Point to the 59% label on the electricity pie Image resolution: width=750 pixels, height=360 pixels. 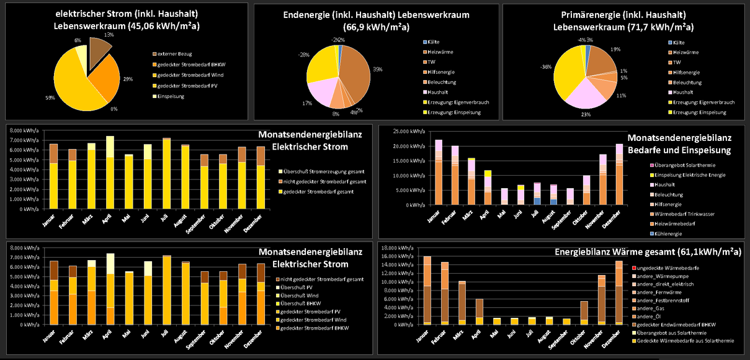coord(48,97)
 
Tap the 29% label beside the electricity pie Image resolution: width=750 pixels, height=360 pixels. coord(128,79)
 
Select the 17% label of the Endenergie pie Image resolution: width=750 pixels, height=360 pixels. coord(306,103)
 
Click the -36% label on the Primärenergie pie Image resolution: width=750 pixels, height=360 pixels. coord(546,66)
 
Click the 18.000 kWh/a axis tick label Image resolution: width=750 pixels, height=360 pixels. coord(398,247)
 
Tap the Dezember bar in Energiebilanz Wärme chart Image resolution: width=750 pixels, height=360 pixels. coord(619,292)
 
